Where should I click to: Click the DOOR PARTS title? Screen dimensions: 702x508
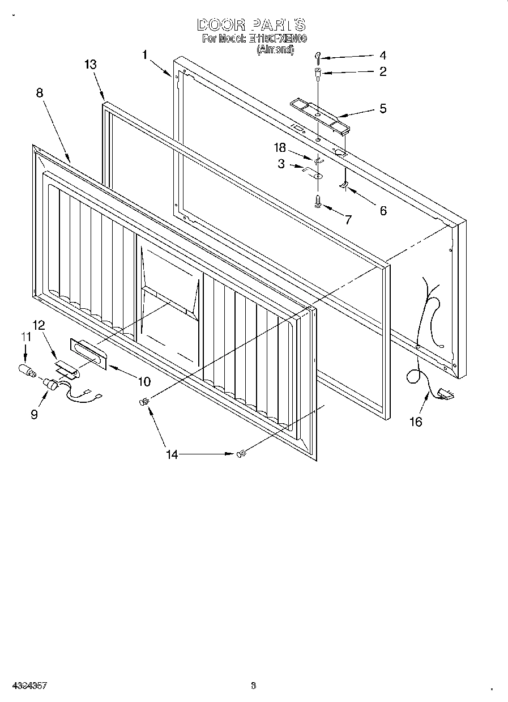coord(251,25)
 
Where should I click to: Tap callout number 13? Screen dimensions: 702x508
coord(91,65)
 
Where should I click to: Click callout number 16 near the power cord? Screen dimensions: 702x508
coord(416,422)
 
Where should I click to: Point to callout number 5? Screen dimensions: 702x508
coord(383,109)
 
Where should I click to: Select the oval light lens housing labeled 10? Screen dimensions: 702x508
coord(88,354)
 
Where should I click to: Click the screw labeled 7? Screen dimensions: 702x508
coord(318,201)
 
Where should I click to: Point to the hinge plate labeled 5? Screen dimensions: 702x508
coord(319,115)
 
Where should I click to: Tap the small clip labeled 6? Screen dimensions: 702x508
coord(343,185)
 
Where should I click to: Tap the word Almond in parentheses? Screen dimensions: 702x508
coord(276,49)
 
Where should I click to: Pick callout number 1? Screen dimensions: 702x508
coord(146,55)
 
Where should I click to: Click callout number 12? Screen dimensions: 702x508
coord(39,325)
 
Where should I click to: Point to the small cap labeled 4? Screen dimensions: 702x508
coord(319,56)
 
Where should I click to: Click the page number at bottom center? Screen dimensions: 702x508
coord(253,686)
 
